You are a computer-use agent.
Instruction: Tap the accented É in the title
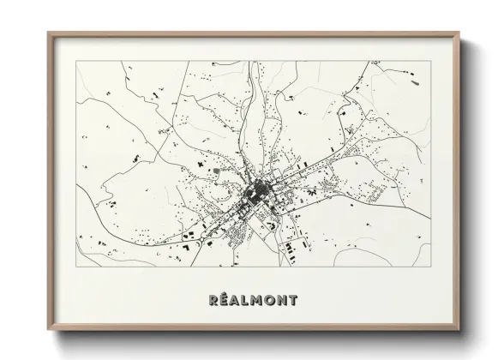pos(224,301)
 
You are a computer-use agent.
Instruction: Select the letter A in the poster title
pos(236,301)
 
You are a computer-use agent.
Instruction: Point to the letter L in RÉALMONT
pos(247,301)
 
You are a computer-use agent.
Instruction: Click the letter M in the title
pos(259,301)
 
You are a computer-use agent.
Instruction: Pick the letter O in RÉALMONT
pos(272,301)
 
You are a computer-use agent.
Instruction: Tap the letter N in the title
pos(285,301)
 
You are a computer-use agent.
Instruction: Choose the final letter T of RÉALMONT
pos(295,301)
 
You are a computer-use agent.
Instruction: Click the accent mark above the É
pos(225,295)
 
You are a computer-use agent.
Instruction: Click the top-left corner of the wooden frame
pos(48,33)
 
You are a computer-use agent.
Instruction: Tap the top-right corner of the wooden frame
pos(460,33)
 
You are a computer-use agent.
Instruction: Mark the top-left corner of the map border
pos(77,61)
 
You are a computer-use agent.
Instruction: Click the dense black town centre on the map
pos(256,190)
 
